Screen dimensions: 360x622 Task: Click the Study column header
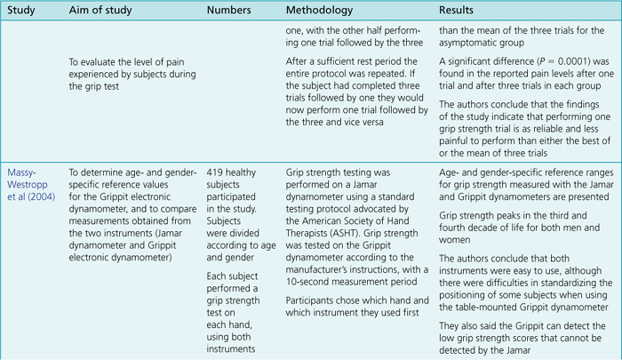(22, 12)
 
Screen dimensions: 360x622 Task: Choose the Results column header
(459, 12)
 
